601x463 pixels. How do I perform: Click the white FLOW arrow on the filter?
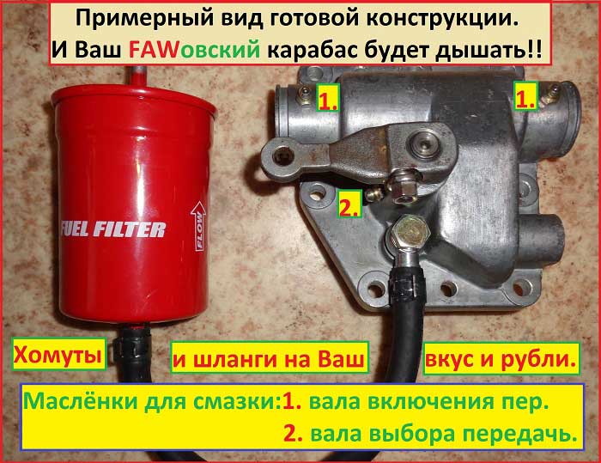click(198, 226)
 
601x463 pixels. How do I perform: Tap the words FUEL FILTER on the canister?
click(113, 229)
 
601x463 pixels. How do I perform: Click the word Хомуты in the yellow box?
click(58, 354)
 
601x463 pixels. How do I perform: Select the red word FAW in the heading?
click(154, 50)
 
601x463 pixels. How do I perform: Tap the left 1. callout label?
click(328, 100)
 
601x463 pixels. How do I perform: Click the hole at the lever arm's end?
click(282, 156)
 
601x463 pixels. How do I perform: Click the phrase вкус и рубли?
click(501, 359)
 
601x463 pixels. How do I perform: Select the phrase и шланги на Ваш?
click(269, 359)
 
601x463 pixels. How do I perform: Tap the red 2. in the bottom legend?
click(294, 434)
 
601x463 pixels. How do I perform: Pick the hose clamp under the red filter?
click(131, 346)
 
